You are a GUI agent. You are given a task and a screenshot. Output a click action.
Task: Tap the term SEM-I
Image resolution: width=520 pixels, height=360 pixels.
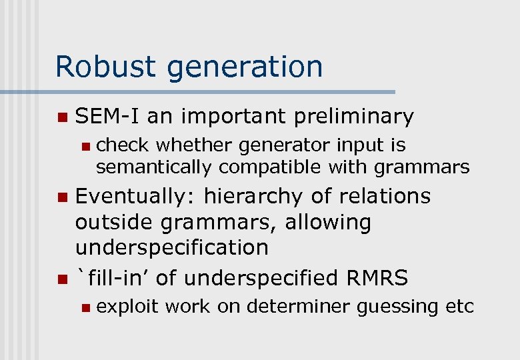[x=107, y=117]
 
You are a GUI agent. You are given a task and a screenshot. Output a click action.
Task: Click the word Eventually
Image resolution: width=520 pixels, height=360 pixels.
[x=135, y=197]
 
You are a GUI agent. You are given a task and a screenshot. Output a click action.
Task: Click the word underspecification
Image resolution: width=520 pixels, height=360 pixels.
[x=172, y=247]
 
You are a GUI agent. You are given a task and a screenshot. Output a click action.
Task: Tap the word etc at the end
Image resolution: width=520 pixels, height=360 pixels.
[x=461, y=307]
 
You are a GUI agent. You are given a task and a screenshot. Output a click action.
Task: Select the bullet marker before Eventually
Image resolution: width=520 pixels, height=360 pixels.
[x=62, y=197]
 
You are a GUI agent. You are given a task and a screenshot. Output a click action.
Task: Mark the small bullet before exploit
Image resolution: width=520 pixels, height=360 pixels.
[x=83, y=307]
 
